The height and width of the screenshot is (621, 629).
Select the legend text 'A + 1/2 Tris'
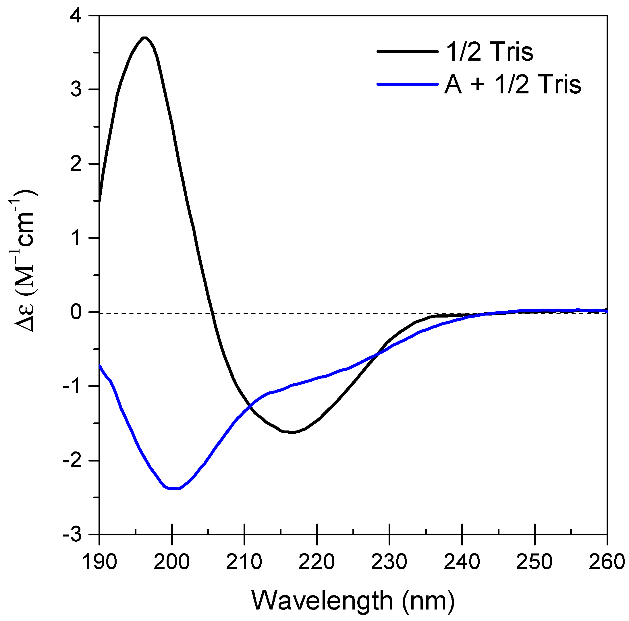pos(512,85)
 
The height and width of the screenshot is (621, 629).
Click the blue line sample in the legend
pos(407,84)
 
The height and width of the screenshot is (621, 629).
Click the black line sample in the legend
pos(407,51)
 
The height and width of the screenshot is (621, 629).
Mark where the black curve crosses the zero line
pos(212,313)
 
